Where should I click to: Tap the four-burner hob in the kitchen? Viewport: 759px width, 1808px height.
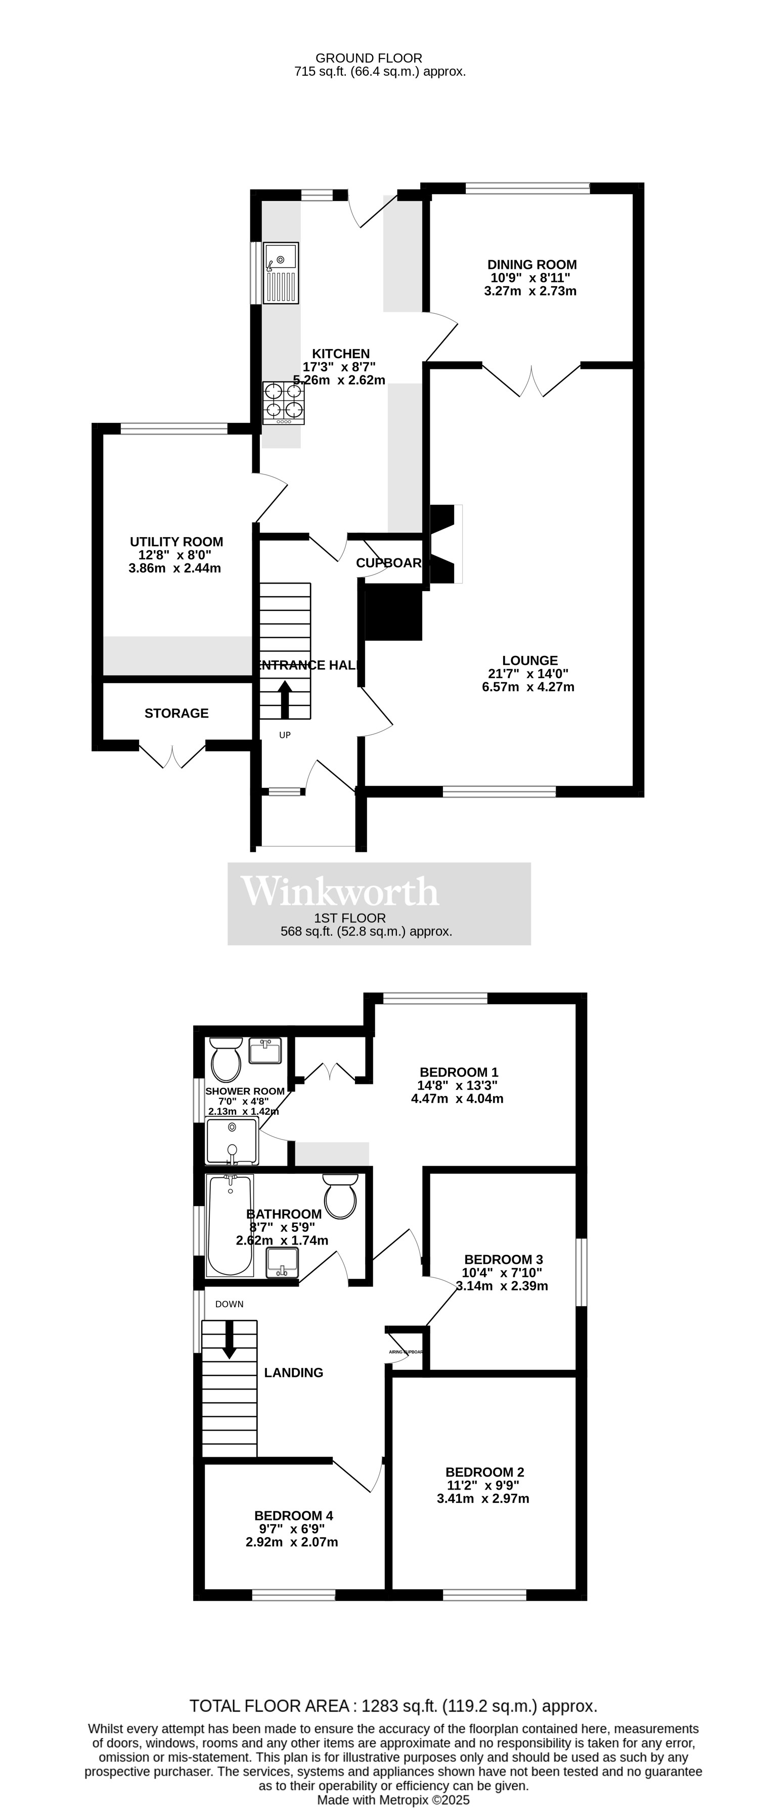[284, 403]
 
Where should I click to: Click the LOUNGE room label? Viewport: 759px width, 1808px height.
[530, 660]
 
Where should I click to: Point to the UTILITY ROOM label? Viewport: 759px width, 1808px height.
[176, 542]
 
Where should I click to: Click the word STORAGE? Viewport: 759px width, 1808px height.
[176, 713]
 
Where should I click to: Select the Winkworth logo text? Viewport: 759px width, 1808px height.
[340, 891]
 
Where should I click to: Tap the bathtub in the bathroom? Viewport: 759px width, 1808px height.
[230, 1225]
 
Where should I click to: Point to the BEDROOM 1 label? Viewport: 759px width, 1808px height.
[459, 1072]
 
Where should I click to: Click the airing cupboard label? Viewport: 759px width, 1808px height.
[406, 1352]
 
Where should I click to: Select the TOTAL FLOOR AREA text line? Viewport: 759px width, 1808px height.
[393, 1706]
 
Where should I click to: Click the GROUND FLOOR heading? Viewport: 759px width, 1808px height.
[369, 58]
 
